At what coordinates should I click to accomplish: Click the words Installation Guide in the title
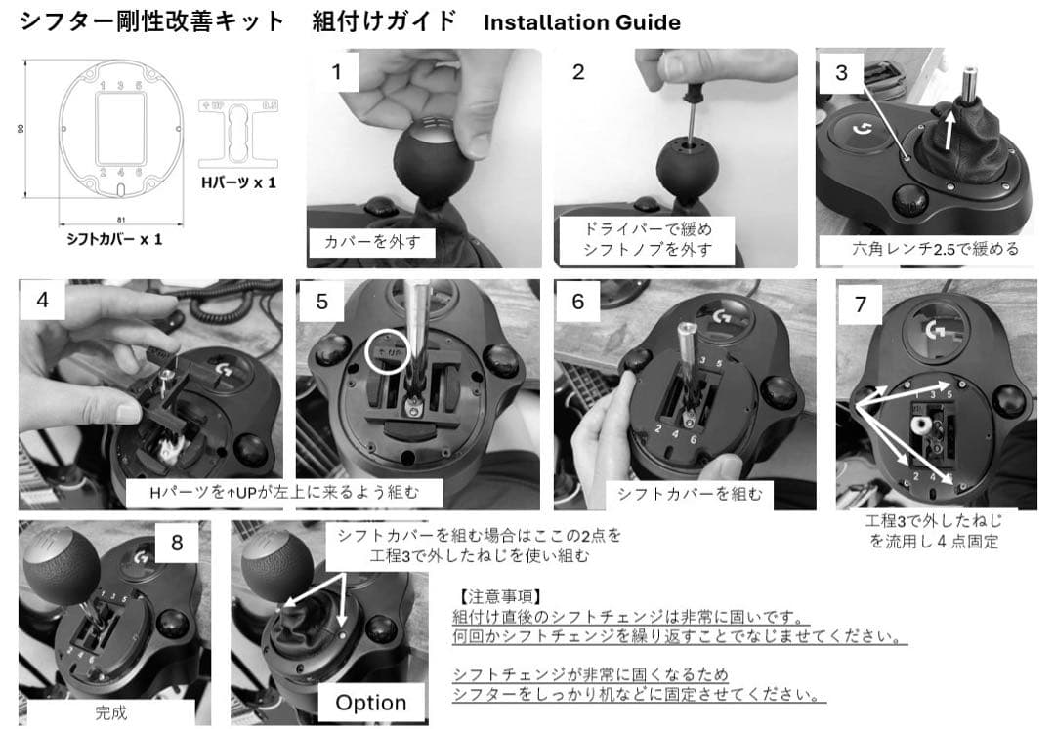[x=581, y=22]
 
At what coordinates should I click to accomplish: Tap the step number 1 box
[x=336, y=72]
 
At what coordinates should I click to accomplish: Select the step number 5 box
[x=321, y=302]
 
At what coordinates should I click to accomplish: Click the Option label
[x=371, y=703]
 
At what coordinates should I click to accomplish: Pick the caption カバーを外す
[x=371, y=243]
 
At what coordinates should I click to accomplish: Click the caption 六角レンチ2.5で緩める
[x=935, y=249]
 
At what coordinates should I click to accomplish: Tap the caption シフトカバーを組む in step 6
[x=690, y=495]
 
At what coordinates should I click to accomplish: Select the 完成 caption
[x=111, y=712]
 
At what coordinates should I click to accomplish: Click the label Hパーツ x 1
[x=239, y=182]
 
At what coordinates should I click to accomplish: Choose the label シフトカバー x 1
[x=113, y=239]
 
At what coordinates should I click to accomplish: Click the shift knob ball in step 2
[x=688, y=165]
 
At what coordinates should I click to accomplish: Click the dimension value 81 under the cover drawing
[x=121, y=220]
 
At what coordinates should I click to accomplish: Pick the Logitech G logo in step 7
[x=937, y=329]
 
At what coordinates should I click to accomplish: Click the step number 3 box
[x=841, y=72]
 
